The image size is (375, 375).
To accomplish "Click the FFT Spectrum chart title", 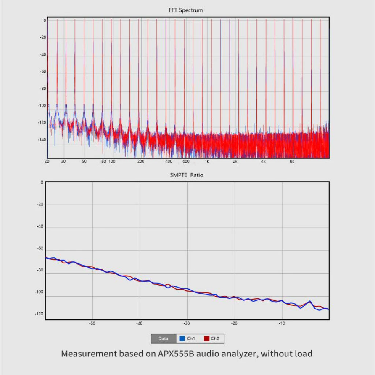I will tap(185, 10).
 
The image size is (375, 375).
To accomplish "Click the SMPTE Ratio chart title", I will tap(186, 175).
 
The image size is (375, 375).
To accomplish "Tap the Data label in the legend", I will tap(163, 339).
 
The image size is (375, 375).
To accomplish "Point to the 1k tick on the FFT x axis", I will tap(207, 161).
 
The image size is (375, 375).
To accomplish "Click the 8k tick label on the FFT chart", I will tap(292, 161).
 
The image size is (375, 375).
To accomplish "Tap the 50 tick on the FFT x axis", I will tap(85, 161).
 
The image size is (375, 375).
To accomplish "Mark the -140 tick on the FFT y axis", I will tap(42, 140).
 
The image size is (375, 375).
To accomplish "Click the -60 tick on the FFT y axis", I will tap(43, 72).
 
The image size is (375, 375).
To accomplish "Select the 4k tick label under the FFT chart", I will tap(263, 161).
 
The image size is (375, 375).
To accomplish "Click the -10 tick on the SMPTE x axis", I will tap(281, 323).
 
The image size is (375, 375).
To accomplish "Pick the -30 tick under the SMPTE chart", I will tap(187, 323).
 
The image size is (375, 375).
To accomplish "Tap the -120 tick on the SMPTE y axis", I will tap(39, 314).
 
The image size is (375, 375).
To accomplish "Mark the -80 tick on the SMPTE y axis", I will tap(40, 270).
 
